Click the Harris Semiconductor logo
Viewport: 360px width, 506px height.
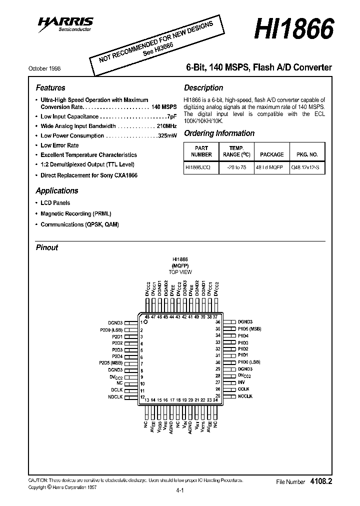pyautogui.click(x=67, y=22)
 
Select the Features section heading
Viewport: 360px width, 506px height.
pyautogui.click(x=50, y=87)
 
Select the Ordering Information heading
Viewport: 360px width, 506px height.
pyautogui.click(x=219, y=133)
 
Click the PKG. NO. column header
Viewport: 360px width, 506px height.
pyautogui.click(x=307, y=154)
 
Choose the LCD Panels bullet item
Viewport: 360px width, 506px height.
pyautogui.click(x=55, y=203)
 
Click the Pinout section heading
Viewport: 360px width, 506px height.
pyautogui.click(x=47, y=247)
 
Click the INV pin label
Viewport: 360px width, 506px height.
pyautogui.click(x=242, y=382)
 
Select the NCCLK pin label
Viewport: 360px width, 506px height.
pyautogui.click(x=245, y=395)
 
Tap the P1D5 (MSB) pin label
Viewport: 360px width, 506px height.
pyautogui.click(x=249, y=328)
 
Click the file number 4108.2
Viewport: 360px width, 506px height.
pyautogui.click(x=321, y=481)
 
